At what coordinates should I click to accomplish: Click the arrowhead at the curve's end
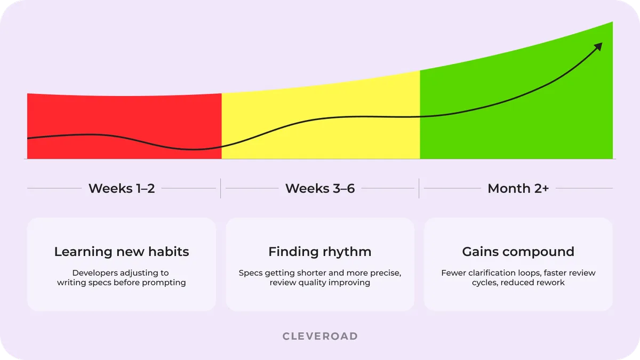click(598, 46)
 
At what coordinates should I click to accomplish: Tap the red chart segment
click(124, 126)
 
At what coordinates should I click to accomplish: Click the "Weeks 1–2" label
click(122, 188)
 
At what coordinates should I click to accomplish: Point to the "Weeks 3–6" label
click(320, 188)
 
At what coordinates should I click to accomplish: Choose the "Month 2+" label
click(518, 188)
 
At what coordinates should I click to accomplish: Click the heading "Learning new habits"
click(122, 252)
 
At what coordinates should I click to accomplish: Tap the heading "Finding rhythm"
click(320, 252)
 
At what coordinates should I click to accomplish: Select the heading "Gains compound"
click(518, 252)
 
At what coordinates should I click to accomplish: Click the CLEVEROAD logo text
click(320, 336)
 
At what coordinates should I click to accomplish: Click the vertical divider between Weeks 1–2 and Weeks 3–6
click(221, 188)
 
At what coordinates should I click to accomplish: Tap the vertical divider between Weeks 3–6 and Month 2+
click(419, 188)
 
